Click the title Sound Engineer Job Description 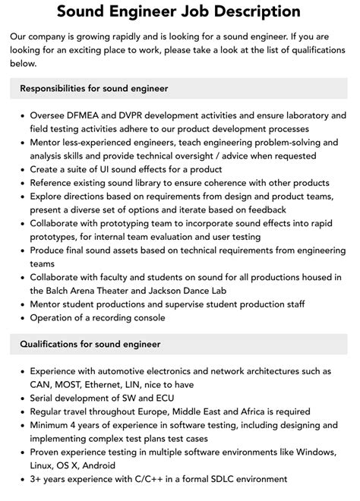pos(179,12)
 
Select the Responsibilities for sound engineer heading pos(94,89)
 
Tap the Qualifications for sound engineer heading pos(90,344)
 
